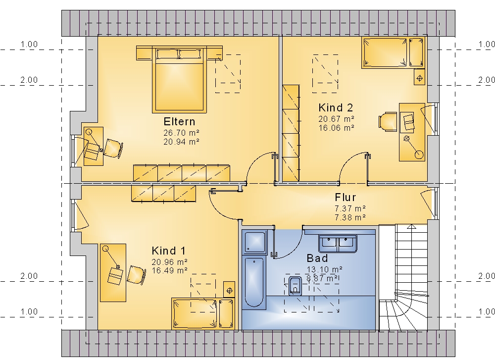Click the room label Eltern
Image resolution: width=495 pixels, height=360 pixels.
pos(179,122)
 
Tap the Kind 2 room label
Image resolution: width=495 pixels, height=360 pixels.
pos(336,107)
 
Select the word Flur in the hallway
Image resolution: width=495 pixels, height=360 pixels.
pos(346,198)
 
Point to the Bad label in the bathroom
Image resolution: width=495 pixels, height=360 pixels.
pos(317,258)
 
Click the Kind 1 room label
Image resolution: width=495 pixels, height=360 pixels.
pos(169,251)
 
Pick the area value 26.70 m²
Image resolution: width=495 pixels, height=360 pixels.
pos(181,133)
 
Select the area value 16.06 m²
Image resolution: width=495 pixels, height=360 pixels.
pos(336,128)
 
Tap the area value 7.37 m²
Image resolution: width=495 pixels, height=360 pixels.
pos(350,209)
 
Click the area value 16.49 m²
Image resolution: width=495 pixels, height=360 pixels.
pos(169,271)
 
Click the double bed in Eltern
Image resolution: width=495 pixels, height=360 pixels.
pos(179,80)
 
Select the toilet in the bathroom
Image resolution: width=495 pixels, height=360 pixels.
pos(295,286)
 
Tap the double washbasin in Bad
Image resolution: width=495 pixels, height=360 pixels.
pos(338,243)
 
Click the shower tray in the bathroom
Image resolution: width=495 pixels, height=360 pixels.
pos(254,242)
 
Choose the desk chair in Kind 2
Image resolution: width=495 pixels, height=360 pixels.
pos(388,121)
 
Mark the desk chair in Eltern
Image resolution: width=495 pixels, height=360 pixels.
pos(113,148)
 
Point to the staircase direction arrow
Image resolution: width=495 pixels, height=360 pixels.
pos(411,226)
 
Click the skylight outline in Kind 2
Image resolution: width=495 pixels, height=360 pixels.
pos(325,74)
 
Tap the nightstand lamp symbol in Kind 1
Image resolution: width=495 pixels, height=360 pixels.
pos(230,290)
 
